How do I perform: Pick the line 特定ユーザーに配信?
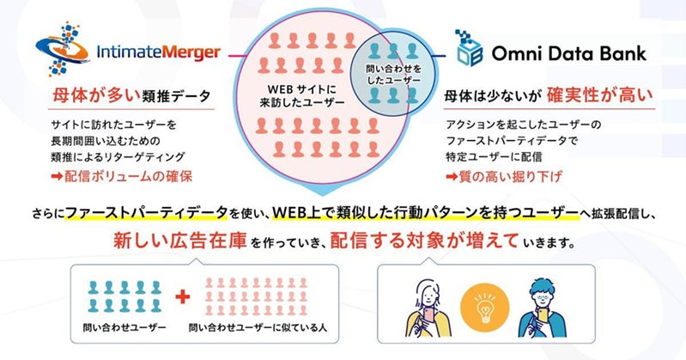[499, 158]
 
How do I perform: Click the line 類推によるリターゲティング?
[117, 158]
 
